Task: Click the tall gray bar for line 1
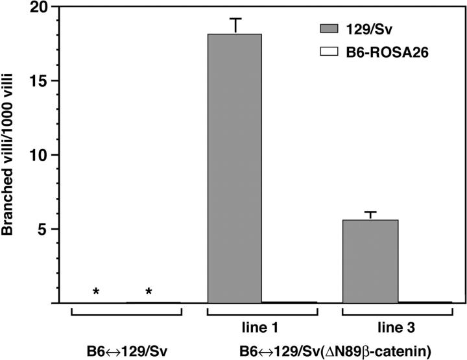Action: point(234,168)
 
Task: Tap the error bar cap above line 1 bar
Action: point(235,19)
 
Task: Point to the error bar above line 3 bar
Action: point(370,213)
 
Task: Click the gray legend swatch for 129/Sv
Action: point(331,30)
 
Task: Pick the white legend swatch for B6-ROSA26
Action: point(331,54)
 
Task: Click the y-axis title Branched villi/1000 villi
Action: point(10,156)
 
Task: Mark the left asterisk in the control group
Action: point(96,292)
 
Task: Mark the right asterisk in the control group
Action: point(149,292)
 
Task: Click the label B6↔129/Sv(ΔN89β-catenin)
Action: point(329,351)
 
